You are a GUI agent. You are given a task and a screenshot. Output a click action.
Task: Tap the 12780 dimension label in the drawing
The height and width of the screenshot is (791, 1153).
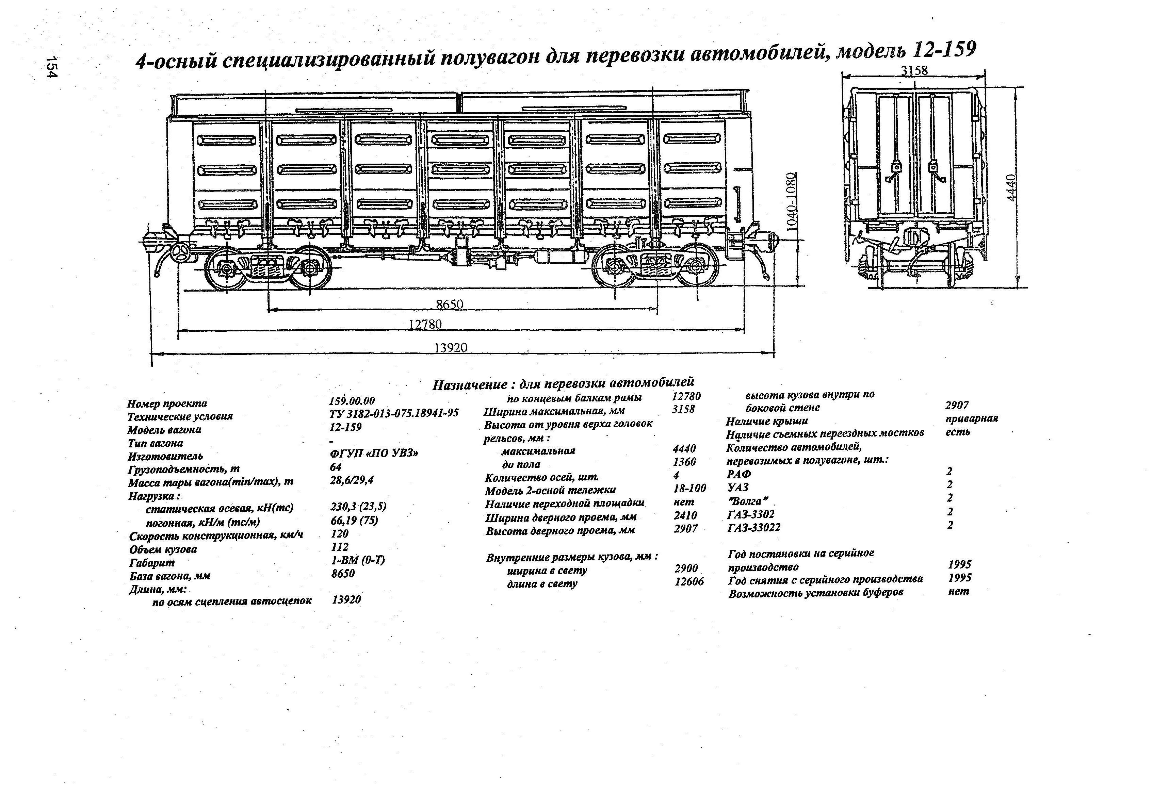(425, 324)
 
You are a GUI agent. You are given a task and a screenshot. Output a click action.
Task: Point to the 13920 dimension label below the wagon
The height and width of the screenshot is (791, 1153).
(451, 348)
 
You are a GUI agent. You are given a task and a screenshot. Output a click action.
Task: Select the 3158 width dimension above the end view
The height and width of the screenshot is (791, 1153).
(914, 70)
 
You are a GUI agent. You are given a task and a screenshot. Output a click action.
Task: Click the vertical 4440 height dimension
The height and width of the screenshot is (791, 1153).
(1012, 187)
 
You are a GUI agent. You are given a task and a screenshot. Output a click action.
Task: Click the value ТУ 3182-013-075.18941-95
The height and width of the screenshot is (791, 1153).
(394, 413)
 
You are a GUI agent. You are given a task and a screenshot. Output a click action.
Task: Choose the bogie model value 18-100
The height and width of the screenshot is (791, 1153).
(689, 489)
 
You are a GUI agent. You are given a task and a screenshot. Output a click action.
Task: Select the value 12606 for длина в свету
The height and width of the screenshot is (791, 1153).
(689, 581)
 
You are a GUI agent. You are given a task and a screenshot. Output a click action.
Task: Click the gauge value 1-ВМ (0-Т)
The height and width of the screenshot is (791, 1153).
(358, 560)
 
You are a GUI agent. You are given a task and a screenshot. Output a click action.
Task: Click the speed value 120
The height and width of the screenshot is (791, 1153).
(340, 533)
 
